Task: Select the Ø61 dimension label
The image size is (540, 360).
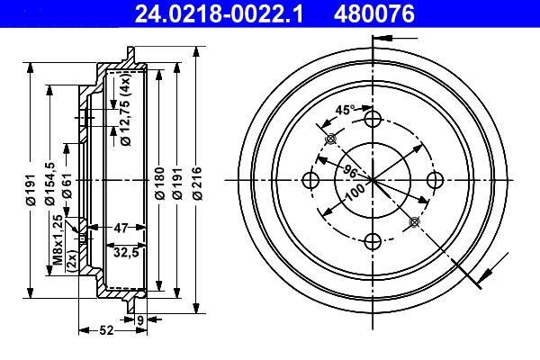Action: (67, 187)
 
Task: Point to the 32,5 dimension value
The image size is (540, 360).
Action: (124, 253)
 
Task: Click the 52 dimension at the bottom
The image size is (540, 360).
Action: (105, 330)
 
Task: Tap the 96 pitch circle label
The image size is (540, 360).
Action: (349, 171)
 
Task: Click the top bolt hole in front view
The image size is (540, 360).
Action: (371, 120)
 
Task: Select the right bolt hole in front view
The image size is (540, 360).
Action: (432, 180)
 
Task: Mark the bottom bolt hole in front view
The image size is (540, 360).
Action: (371, 240)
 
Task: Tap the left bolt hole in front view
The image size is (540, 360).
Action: (310, 180)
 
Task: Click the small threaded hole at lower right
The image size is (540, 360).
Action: (413, 221)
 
